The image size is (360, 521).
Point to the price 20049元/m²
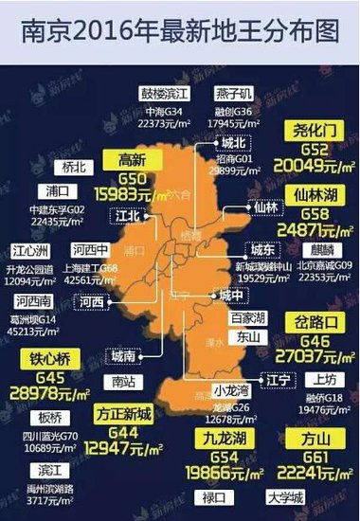click(x=303, y=169)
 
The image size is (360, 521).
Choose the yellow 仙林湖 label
click(x=303, y=222)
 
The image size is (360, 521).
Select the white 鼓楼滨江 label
click(x=166, y=94)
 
